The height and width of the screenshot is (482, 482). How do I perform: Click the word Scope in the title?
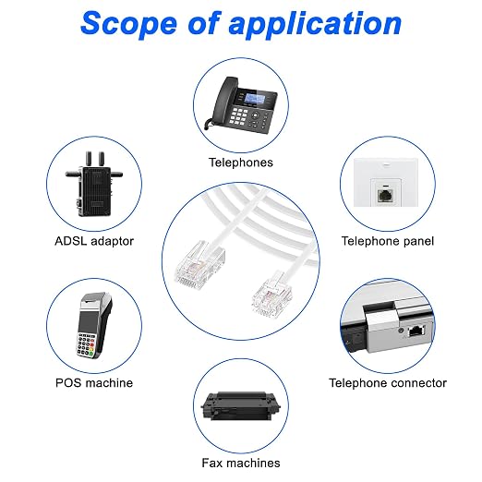128,23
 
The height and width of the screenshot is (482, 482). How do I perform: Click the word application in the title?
315,25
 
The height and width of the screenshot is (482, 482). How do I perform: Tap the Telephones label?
241,163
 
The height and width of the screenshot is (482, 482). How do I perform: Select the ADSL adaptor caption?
94,241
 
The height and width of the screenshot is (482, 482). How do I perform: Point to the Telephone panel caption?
388,241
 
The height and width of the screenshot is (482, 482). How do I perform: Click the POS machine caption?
94,383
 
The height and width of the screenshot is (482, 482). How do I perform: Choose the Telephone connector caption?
388,383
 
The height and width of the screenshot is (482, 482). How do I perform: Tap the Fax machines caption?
241,463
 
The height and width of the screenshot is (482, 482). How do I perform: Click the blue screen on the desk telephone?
255,99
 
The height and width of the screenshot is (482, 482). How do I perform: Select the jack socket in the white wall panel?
385,196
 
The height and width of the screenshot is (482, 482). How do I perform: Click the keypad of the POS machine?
86,344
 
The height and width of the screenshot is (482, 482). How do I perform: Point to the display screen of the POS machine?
88,320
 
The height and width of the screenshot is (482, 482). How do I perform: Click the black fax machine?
241,405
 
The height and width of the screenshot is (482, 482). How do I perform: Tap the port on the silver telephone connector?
416,331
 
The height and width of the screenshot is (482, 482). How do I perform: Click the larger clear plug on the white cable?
199,265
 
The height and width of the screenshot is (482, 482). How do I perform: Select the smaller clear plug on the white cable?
271,294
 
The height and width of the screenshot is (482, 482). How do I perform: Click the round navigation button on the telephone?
255,114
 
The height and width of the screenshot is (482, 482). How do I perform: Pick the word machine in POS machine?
109,383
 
